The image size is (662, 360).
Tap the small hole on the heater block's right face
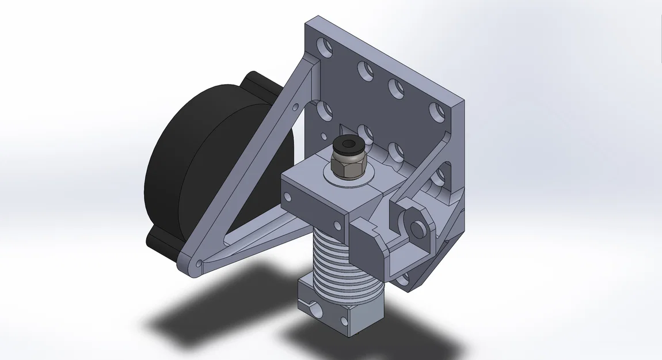(356, 321)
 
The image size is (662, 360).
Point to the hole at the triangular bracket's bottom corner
(199, 264)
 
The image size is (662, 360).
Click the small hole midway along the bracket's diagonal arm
(295, 107)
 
